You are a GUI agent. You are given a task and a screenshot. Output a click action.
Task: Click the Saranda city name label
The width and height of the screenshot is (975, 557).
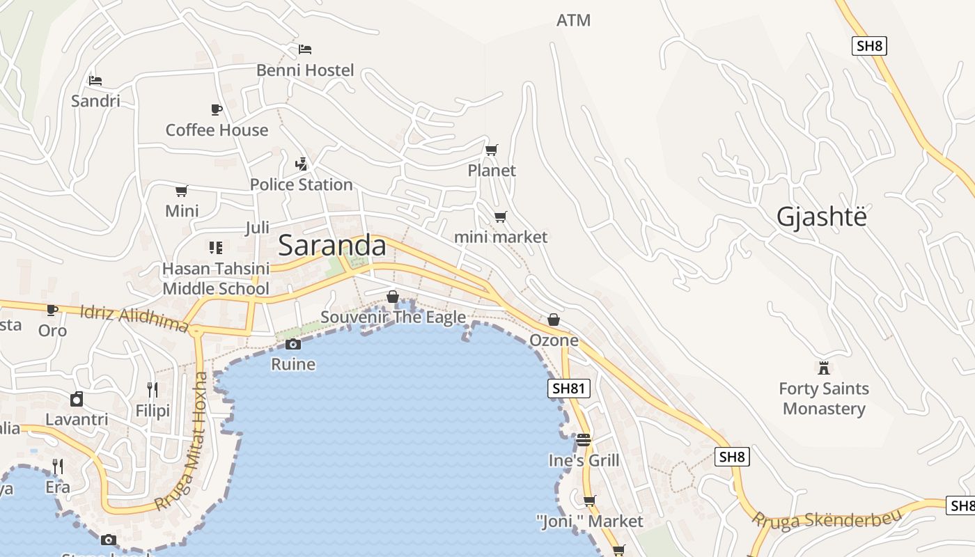[x=332, y=246]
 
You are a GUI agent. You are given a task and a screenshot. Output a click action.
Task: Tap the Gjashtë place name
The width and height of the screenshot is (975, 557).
[x=822, y=217]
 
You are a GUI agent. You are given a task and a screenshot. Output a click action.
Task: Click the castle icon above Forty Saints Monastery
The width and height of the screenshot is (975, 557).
[x=824, y=367]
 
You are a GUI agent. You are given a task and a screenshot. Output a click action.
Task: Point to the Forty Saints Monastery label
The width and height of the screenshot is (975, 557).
[x=824, y=398]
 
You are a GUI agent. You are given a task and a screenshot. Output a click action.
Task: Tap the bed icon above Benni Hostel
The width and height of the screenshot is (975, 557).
[x=305, y=49]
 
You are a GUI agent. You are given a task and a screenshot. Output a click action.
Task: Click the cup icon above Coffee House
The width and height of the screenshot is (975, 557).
[x=217, y=109]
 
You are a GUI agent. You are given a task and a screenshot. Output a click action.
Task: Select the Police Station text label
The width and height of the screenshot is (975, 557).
[x=301, y=185]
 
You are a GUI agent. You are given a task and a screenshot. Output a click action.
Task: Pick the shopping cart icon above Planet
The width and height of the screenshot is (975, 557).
[x=492, y=150]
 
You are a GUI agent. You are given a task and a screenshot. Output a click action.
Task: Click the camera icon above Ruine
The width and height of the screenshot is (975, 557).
[x=293, y=344]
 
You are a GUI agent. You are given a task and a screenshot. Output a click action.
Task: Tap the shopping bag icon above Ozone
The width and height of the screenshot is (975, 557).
[x=554, y=320]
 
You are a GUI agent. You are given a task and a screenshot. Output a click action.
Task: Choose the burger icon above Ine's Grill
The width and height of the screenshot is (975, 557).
[x=584, y=440]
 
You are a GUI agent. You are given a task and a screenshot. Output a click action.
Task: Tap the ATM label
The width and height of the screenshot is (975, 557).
[x=573, y=20]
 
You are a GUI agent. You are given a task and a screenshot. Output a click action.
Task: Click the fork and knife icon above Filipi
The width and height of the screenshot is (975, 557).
[x=153, y=390]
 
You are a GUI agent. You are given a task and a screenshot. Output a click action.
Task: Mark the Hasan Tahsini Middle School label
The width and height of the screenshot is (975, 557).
[x=215, y=278]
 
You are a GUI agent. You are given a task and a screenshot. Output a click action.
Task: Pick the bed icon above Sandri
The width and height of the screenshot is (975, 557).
[x=95, y=81]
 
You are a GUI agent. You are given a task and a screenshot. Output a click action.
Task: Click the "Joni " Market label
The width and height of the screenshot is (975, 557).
[x=589, y=521]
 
